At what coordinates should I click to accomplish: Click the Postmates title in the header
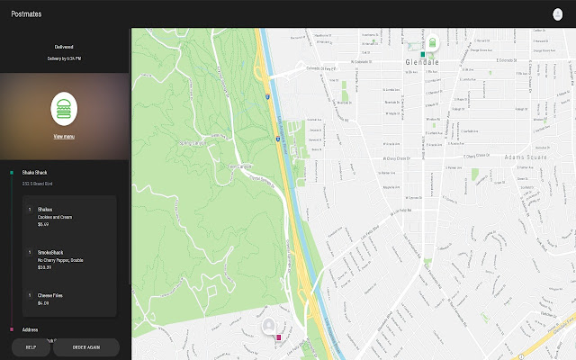pyautogui.click(x=27, y=14)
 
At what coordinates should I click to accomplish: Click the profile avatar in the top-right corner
pyautogui.click(x=557, y=14)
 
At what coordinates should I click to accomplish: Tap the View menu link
pyautogui.click(x=64, y=136)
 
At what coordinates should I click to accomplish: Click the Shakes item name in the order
pyautogui.click(x=45, y=209)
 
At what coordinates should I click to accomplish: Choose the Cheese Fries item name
pyautogui.click(x=50, y=294)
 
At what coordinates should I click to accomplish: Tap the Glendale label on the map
pyautogui.click(x=420, y=61)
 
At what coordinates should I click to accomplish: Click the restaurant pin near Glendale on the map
pyautogui.click(x=432, y=41)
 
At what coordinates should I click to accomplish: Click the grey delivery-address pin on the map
pyautogui.click(x=268, y=325)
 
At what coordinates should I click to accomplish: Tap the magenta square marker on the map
pyautogui.click(x=279, y=337)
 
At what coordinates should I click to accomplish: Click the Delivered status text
pyautogui.click(x=63, y=45)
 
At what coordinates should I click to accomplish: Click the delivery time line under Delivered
pyautogui.click(x=64, y=58)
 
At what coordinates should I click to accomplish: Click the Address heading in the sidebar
pyautogui.click(x=31, y=329)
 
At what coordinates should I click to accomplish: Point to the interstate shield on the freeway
pyautogui.click(x=267, y=93)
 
